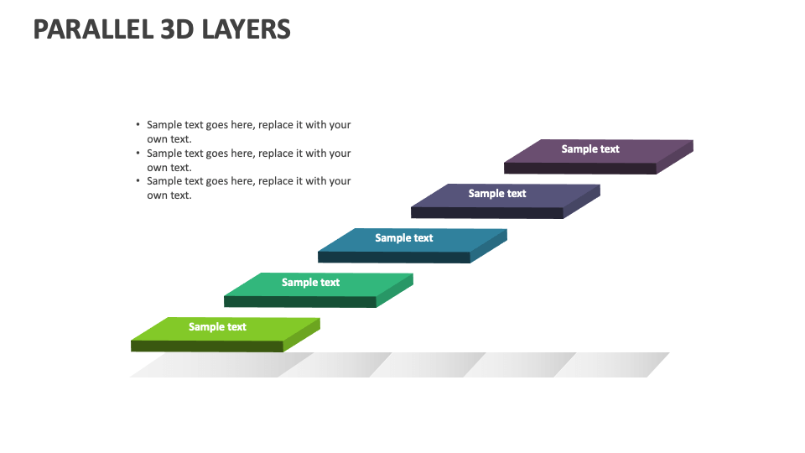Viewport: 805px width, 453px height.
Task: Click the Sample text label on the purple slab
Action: (590, 149)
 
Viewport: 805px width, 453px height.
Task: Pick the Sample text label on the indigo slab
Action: (497, 194)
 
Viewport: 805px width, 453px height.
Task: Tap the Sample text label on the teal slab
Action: (404, 238)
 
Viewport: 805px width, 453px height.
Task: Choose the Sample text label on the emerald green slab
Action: (310, 283)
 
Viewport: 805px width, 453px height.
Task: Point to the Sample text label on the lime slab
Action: (217, 327)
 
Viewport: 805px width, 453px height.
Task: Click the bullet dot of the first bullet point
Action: (138, 125)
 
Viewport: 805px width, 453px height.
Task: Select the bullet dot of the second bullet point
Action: (138, 154)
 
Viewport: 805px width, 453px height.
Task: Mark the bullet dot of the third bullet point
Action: (138, 181)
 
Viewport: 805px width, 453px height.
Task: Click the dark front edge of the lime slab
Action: (207, 346)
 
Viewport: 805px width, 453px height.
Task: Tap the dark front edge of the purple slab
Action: (579, 169)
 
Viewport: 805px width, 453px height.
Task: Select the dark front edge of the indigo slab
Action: (486, 213)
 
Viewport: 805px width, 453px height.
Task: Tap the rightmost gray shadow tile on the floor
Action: (616, 365)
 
